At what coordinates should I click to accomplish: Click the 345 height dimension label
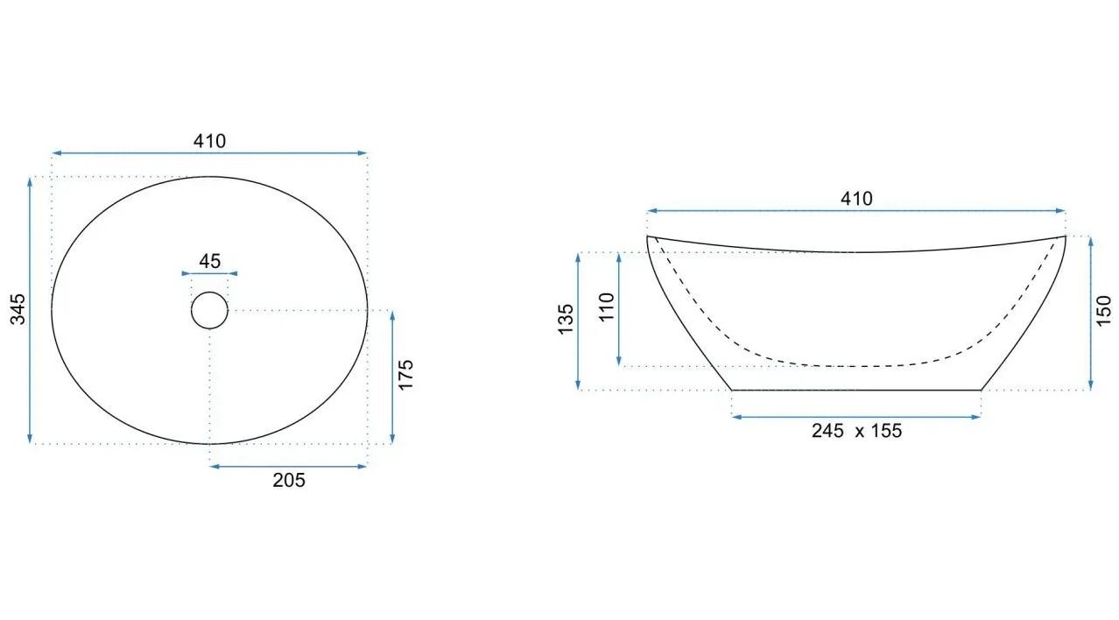[x=18, y=309]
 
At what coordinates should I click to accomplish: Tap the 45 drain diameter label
[x=210, y=261]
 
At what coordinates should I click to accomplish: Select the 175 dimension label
[x=406, y=375]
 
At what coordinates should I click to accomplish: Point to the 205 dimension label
[x=289, y=480]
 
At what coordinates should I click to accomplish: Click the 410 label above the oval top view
[x=210, y=141]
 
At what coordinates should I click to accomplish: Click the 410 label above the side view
[x=856, y=199]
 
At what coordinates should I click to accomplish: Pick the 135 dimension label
[x=566, y=320]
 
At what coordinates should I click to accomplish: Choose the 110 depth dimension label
[x=606, y=307]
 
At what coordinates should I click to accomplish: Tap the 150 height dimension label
[x=1103, y=311]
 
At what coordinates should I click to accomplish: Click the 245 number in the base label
[x=827, y=431]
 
